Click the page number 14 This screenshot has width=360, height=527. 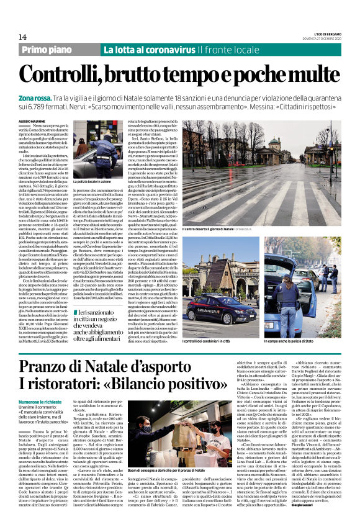click(x=22, y=37)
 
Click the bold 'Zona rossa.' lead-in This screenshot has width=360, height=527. click(x=35, y=98)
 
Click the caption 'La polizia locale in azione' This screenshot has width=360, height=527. click(x=93, y=181)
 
